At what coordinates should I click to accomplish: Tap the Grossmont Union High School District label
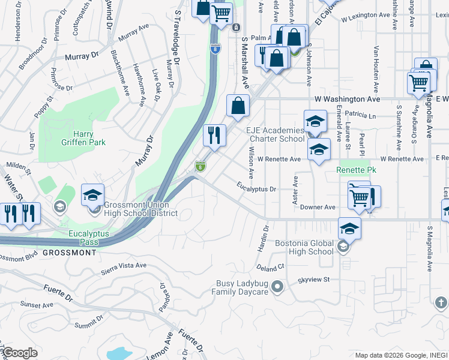(140, 209)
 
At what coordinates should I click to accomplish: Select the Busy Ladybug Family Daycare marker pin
(277, 287)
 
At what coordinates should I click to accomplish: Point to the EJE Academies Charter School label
(276, 135)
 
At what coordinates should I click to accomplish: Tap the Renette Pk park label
(356, 170)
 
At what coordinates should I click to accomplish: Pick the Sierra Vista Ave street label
(124, 265)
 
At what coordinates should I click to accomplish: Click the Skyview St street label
(314, 280)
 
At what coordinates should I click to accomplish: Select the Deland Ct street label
(269, 266)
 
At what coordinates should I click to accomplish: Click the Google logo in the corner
(19, 353)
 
